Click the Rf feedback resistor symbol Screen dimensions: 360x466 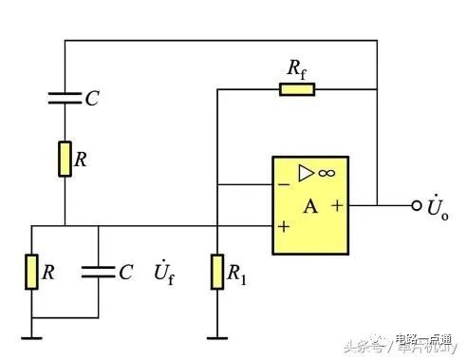(297, 90)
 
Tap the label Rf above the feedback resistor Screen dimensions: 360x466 (296, 67)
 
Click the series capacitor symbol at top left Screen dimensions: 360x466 (65, 96)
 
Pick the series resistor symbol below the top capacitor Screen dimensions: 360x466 (65, 159)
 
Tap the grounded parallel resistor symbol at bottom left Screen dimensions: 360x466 (31, 272)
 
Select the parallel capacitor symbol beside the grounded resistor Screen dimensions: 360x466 (98, 272)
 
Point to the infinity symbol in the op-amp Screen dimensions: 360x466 (326, 173)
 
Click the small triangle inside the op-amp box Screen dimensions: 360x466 (306, 173)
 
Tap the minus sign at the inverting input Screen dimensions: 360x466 (283, 182)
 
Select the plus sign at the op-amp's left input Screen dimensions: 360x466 (283, 228)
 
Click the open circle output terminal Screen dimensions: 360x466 (416, 205)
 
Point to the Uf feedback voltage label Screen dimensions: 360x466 (163, 274)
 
